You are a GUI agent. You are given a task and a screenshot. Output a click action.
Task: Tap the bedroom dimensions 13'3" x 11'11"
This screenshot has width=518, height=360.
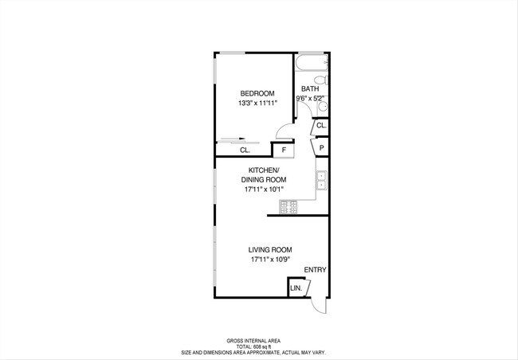click(256, 104)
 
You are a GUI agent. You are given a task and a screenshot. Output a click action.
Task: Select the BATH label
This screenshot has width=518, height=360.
click(310, 89)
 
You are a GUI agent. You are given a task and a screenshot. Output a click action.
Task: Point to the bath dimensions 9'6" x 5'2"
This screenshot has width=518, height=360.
click(311, 99)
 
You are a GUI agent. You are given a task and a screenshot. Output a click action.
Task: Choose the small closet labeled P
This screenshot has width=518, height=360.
click(321, 147)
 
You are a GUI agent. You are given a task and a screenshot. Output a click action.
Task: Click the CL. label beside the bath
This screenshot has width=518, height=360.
click(321, 126)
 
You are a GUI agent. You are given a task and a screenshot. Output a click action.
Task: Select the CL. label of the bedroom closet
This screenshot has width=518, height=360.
click(245, 150)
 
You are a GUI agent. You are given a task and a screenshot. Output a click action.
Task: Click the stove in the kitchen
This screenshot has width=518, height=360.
click(288, 206)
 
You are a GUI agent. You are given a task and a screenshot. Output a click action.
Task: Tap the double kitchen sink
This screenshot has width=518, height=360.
click(322, 182)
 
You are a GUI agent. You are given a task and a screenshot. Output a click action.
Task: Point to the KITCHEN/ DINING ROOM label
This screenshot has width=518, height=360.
click(264, 175)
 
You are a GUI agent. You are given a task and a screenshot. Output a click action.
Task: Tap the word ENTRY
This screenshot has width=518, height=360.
click(315, 270)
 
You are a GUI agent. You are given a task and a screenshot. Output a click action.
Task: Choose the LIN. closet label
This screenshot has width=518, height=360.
click(296, 288)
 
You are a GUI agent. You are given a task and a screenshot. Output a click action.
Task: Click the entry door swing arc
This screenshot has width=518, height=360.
click(320, 306)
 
